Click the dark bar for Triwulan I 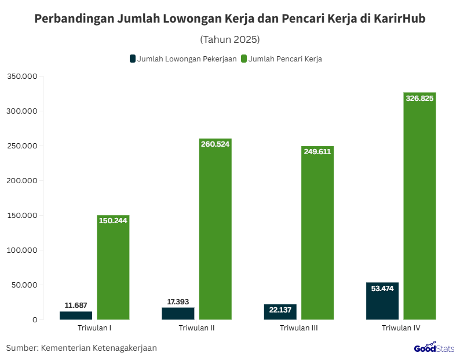coord(76,315)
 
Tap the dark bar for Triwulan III coord(280,312)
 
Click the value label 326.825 coord(419,99)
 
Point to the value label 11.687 coord(76,305)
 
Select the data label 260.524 coord(215,144)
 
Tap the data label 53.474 coord(382,289)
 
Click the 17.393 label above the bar coord(178,301)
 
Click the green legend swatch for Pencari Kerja coord(244,59)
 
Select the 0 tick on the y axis coord(35,319)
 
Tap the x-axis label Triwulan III coord(299,328)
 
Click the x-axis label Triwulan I coord(94,328)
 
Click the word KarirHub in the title coord(399,19)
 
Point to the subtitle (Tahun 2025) coord(229,39)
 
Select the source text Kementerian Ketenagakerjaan coord(99,348)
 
